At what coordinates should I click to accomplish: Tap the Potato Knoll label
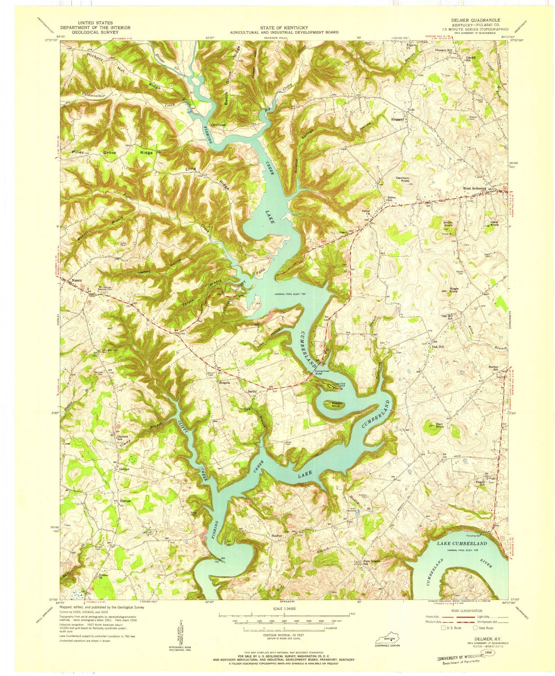point(333,405)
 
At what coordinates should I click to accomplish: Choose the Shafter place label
point(277,535)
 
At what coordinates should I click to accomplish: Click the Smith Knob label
point(448,224)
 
